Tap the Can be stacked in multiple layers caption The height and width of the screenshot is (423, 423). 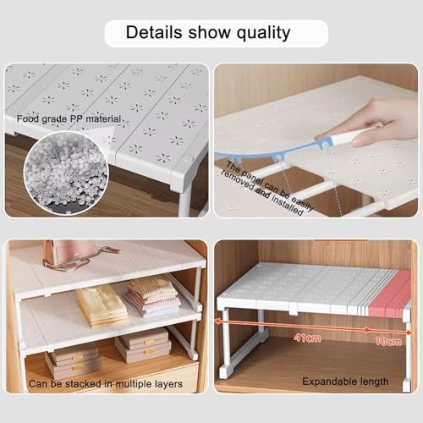pos(105,383)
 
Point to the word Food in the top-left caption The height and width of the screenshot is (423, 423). pos(25,118)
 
